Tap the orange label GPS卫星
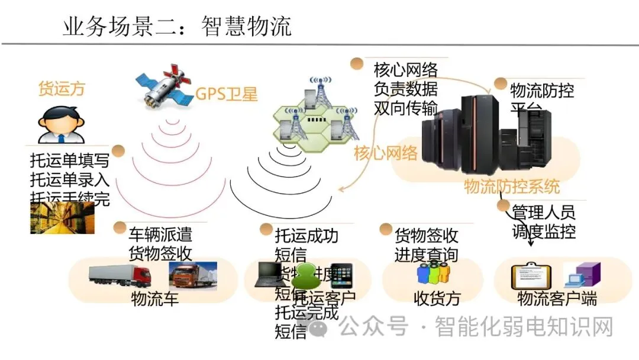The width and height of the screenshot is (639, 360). coord(227,94)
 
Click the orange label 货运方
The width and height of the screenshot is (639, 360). coord(62,89)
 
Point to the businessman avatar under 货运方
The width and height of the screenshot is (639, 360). coord(60,123)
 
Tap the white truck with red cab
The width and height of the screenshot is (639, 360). coord(119,275)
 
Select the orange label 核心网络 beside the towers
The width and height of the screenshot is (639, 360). coord(386,154)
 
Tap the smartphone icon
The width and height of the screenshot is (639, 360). coord(341,275)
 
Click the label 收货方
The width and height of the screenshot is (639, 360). coord(437,298)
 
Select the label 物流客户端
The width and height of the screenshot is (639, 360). coord(557,298)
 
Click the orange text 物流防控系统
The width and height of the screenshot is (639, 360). coord(512,187)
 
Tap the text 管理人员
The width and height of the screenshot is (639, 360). coord(543,213)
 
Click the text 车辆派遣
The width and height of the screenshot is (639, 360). coord(160,234)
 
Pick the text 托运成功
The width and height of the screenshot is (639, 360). coord(306,236)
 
